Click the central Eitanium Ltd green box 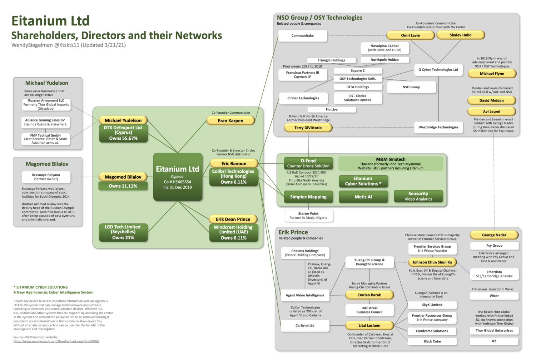[177, 177]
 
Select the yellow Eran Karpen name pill [230, 121]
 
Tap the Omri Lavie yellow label [410, 35]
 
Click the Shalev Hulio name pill [460, 35]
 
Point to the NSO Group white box [411, 87]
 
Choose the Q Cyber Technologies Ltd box [438, 70]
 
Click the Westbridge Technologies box [438, 127]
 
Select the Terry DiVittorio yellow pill [308, 128]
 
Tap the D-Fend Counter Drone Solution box [308, 163]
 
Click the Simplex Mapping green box [308, 197]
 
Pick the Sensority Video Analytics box [418, 196]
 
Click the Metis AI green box [363, 197]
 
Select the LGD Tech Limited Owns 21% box [123, 232]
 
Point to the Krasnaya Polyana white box [46, 177]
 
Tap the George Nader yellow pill [494, 235]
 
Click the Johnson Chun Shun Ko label [432, 262]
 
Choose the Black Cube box [432, 341]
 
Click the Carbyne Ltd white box [305, 326]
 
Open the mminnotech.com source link [56, 341]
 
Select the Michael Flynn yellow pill [492, 74]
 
